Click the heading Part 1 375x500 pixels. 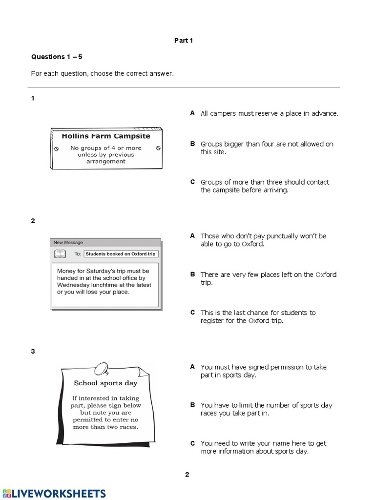pyautogui.click(x=184, y=41)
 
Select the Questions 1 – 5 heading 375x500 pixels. pyautogui.click(x=57, y=57)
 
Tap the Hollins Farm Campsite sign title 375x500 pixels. pyautogui.click(x=106, y=136)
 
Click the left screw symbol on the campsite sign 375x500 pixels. pyautogui.click(x=56, y=148)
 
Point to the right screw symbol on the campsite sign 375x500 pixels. pyautogui.click(x=158, y=148)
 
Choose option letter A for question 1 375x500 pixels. pyautogui.click(x=192, y=113)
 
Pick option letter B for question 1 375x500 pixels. pyautogui.click(x=192, y=144)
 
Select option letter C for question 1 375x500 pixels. pyautogui.click(x=192, y=182)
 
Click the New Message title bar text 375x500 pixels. pyautogui.click(x=68, y=242)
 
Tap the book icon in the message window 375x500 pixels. pyautogui.click(x=60, y=253)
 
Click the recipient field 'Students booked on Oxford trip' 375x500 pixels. pyautogui.click(x=121, y=254)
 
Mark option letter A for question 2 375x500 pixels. pyautogui.click(x=192, y=236)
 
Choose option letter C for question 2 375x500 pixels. pyautogui.click(x=192, y=312)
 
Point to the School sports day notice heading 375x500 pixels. pyautogui.click(x=105, y=383)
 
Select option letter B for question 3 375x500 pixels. pyautogui.click(x=192, y=405)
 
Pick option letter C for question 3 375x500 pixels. pyautogui.click(x=192, y=443)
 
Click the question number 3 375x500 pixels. pyautogui.click(x=33, y=351)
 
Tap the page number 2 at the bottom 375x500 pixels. pyautogui.click(x=187, y=474)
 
